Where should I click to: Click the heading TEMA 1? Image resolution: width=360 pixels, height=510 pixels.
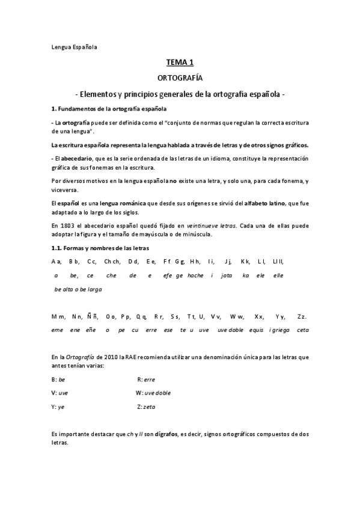180,62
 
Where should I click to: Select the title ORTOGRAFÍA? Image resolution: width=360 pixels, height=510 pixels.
180,78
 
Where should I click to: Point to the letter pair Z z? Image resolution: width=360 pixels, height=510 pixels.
302,316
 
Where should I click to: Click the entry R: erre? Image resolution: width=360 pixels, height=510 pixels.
146,379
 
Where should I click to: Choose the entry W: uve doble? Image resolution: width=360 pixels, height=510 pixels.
153,393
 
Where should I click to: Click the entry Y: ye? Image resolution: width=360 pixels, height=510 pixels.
58,407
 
